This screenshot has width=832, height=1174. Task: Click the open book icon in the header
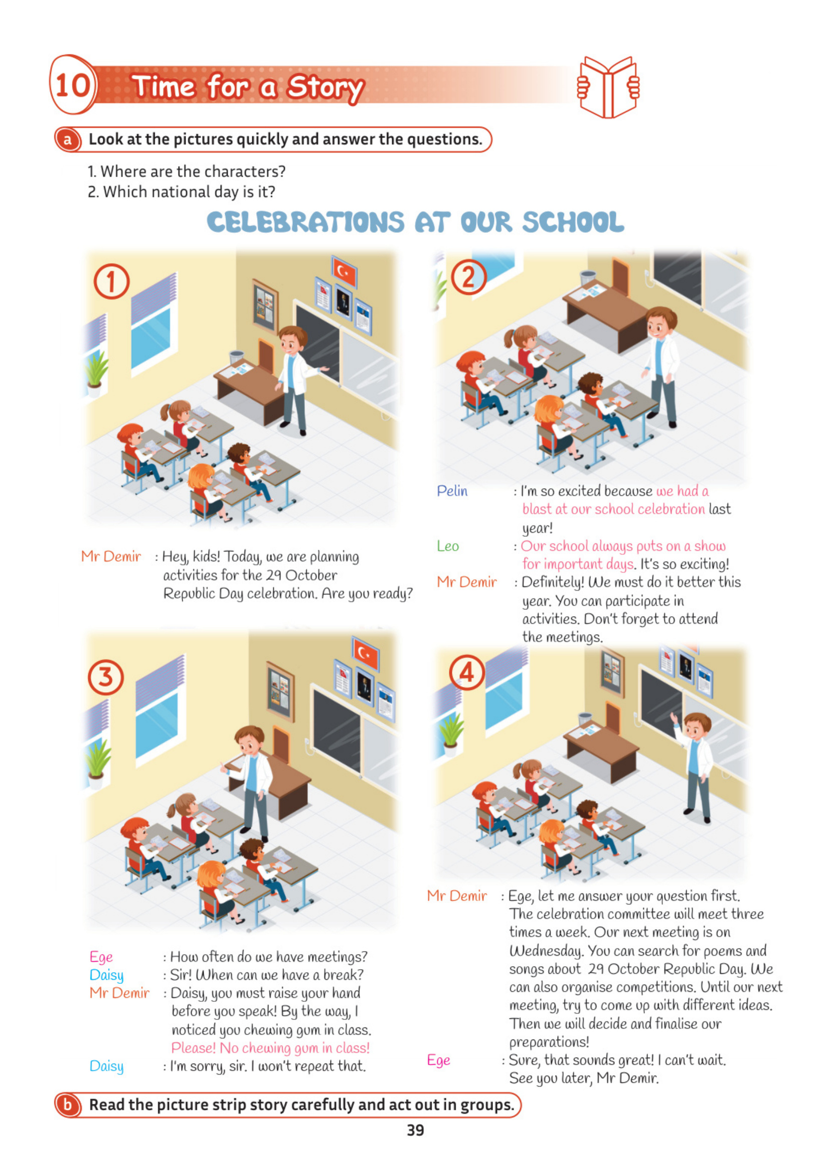608,87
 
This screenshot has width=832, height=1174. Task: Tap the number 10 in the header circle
73,85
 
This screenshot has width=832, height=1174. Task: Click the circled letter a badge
68,139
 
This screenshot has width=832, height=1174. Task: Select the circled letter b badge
68,1105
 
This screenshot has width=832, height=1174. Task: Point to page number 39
415,1130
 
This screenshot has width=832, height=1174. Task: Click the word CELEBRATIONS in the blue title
306,222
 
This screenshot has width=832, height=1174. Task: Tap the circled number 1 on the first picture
111,281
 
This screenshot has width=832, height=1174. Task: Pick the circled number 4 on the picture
467,672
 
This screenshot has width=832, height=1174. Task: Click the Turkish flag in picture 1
344,271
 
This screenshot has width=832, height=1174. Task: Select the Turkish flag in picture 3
365,653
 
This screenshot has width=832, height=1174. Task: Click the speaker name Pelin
452,491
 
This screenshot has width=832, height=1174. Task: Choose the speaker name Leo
448,546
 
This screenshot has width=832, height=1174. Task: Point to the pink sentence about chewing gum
270,1048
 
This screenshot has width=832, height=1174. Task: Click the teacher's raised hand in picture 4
674,718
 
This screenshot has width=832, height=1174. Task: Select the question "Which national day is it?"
182,192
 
